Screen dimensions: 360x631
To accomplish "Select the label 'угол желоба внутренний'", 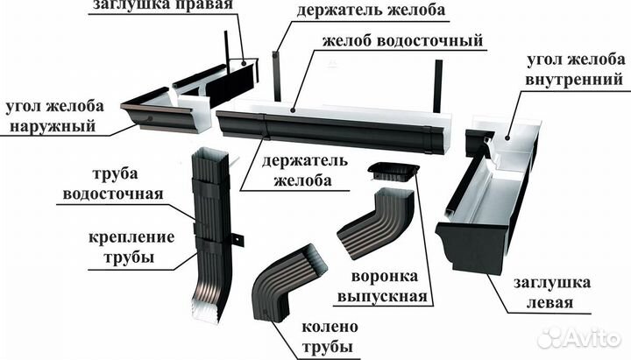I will (x=576, y=70).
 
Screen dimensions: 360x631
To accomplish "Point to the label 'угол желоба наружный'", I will (x=54, y=116).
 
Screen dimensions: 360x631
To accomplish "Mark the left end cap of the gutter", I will (x=473, y=241).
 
